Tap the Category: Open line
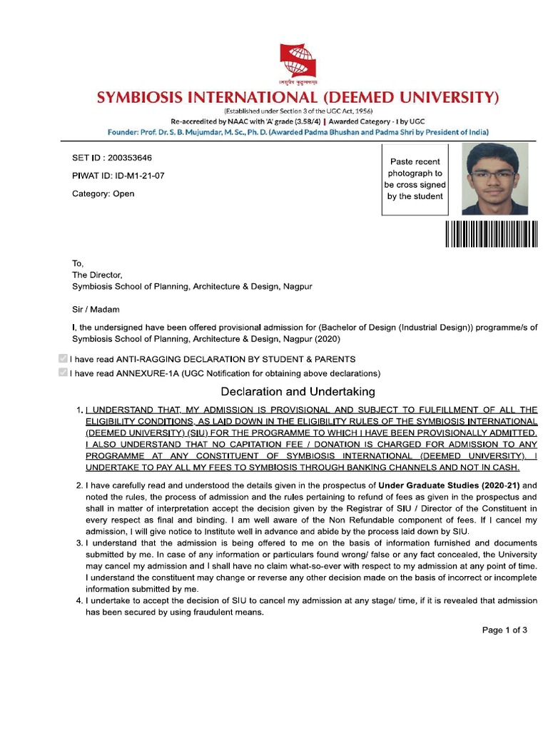click(103, 193)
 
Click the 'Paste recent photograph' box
click(415, 179)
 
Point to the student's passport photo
click(494, 178)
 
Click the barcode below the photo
click(492, 233)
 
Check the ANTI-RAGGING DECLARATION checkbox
click(64, 358)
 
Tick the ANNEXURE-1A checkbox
click(64, 373)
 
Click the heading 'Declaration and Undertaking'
click(298, 392)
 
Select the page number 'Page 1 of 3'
click(504, 630)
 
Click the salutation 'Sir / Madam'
click(96, 309)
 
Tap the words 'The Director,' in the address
click(97, 275)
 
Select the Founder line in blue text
click(298, 132)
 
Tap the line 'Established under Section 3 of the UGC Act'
click(298, 111)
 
